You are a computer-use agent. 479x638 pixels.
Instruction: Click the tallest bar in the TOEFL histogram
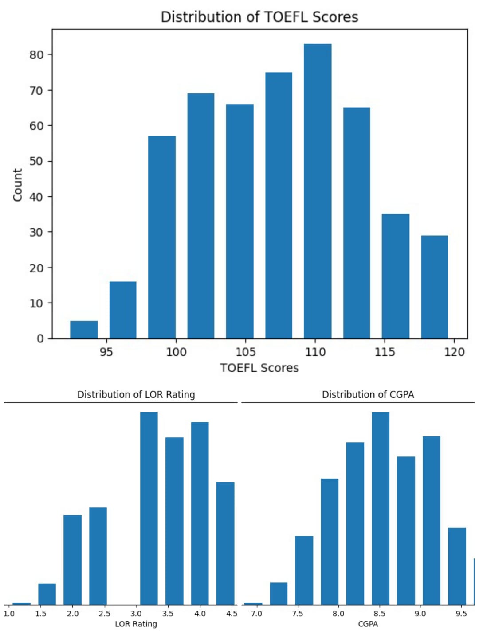[x=318, y=191]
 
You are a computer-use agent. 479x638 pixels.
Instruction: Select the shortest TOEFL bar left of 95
[x=84, y=330]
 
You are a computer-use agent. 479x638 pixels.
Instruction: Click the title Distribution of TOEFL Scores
[x=259, y=17]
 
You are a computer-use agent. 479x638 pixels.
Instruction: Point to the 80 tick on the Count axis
[x=37, y=55]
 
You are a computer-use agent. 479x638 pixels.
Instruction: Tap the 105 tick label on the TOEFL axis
[x=245, y=352]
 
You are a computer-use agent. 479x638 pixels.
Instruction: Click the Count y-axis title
[x=17, y=185]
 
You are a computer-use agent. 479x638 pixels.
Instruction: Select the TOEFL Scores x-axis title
[x=259, y=368]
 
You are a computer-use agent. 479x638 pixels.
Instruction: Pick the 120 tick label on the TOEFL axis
[x=454, y=352]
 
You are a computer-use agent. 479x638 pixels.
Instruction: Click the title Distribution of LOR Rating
[x=136, y=394]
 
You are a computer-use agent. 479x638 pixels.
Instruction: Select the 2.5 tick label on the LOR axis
[x=104, y=614]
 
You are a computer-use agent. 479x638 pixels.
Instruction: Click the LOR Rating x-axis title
[x=136, y=624]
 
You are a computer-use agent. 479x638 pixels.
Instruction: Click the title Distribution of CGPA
[x=368, y=394]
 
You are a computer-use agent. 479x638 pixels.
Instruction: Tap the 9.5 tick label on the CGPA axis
[x=461, y=614]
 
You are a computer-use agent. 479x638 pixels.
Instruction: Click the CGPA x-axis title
[x=368, y=624]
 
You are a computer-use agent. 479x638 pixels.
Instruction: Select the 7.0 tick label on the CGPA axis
[x=256, y=614]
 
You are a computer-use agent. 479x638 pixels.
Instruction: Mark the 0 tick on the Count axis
[x=40, y=339]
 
